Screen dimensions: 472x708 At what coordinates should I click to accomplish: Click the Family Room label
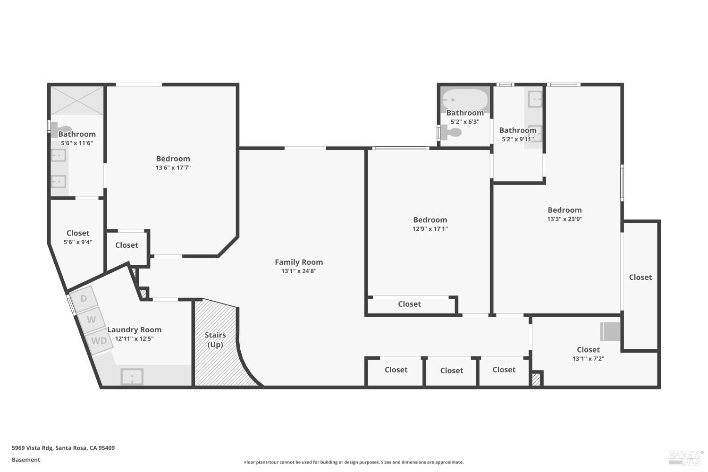(x=299, y=262)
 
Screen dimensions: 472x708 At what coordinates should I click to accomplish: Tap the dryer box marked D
(x=84, y=298)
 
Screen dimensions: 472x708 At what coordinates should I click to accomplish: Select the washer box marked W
(x=91, y=320)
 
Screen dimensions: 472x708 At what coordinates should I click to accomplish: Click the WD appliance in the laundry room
(x=99, y=340)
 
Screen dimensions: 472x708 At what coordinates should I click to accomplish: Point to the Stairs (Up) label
(x=215, y=339)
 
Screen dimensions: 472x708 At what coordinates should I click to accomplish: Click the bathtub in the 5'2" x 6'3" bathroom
(x=465, y=100)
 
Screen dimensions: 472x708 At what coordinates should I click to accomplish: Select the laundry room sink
(x=132, y=377)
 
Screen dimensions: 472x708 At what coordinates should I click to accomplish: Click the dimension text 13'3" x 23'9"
(x=565, y=219)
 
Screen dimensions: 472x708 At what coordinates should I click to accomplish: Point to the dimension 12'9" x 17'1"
(x=430, y=229)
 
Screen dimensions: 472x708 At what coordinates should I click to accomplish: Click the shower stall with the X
(x=77, y=100)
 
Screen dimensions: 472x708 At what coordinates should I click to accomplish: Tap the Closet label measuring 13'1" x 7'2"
(x=588, y=350)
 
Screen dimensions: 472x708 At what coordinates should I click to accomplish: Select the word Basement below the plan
(x=26, y=460)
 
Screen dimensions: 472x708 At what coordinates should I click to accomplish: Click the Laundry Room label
(x=134, y=330)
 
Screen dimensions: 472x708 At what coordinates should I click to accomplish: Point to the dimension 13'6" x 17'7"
(x=173, y=168)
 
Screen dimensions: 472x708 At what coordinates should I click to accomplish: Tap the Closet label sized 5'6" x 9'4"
(x=78, y=233)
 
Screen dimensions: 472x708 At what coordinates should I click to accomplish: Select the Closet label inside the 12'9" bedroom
(x=409, y=304)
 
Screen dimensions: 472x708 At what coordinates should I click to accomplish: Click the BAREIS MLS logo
(x=685, y=456)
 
